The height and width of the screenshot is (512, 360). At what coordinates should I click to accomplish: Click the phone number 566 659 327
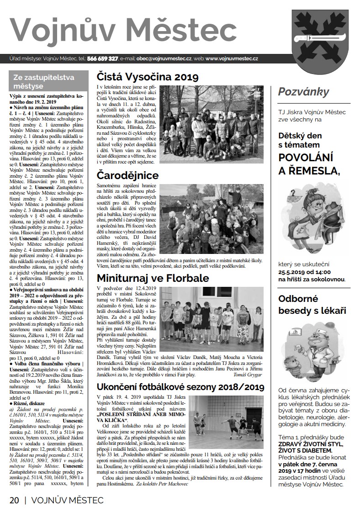[102, 59]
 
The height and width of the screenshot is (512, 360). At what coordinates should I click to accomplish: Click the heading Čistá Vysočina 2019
[148, 77]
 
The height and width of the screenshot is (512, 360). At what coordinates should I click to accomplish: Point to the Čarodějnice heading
[127, 175]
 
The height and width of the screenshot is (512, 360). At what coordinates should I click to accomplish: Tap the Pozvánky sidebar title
[303, 91]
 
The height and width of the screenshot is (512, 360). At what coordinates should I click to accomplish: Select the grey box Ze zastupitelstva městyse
[47, 81]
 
